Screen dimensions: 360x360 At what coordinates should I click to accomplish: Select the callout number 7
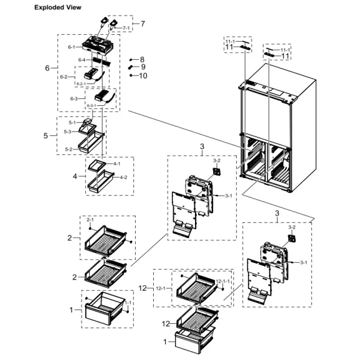coord(143,24)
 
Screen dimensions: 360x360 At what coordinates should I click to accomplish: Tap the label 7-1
coord(126,28)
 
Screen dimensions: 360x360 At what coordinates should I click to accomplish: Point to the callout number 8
coord(142,59)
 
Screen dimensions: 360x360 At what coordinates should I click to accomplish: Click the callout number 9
coord(143,67)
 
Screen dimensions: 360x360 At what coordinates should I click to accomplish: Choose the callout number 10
coord(143,75)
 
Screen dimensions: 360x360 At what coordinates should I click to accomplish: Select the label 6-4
coord(81,60)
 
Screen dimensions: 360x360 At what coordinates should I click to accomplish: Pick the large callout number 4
coord(75,176)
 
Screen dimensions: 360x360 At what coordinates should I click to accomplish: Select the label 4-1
coord(116,164)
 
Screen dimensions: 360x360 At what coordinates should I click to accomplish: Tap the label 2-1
coord(90,220)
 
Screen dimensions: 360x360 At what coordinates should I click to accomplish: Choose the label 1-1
coord(127,303)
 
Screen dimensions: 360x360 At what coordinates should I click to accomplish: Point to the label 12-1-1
coord(222,282)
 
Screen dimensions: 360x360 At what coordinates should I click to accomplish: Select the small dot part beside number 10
coord(132,75)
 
